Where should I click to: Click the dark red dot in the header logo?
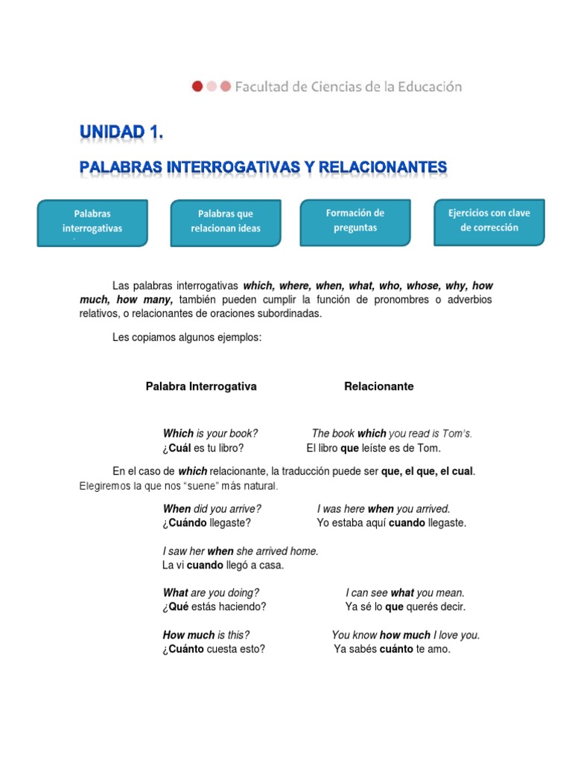[x=197, y=86]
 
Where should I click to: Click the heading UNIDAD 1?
[x=121, y=133]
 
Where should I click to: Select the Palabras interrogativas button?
[x=93, y=222]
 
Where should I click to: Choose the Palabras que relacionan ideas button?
[x=226, y=222]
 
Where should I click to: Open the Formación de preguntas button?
[x=355, y=221]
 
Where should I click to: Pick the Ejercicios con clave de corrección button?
[x=489, y=221]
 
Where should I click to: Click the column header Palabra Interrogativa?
[x=201, y=386]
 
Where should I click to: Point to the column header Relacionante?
[x=378, y=386]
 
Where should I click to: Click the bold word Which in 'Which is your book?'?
[x=178, y=434]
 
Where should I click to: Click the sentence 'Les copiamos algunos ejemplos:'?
[x=186, y=338]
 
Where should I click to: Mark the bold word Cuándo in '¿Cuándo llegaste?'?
[x=186, y=523]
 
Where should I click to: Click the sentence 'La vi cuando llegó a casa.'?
[x=223, y=566]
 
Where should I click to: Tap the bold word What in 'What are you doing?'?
[x=176, y=593]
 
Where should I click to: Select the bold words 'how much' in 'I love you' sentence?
[x=404, y=635]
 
